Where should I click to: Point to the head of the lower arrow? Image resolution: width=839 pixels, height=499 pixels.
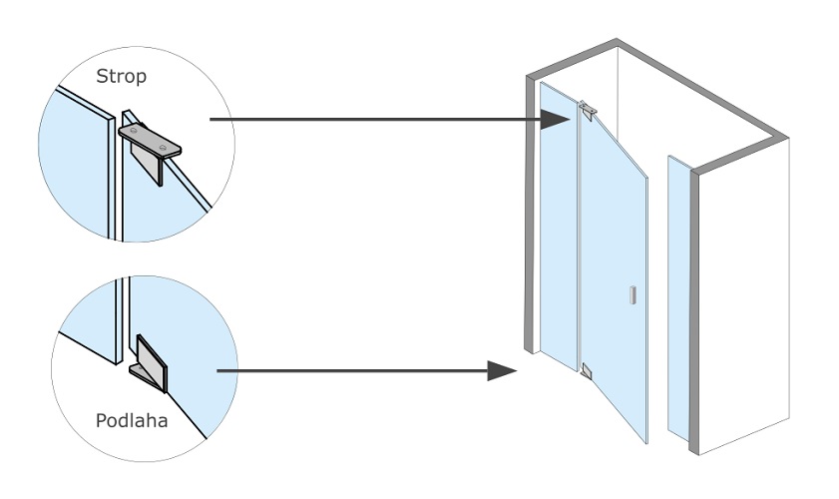tap(503, 371)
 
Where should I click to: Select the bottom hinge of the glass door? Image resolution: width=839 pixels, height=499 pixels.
tap(586, 372)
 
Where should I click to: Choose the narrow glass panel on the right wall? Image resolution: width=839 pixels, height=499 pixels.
tap(678, 299)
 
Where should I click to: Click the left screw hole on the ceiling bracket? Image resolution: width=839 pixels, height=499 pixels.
tap(135, 132)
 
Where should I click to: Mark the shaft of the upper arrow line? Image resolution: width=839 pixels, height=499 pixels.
tap(369, 121)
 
